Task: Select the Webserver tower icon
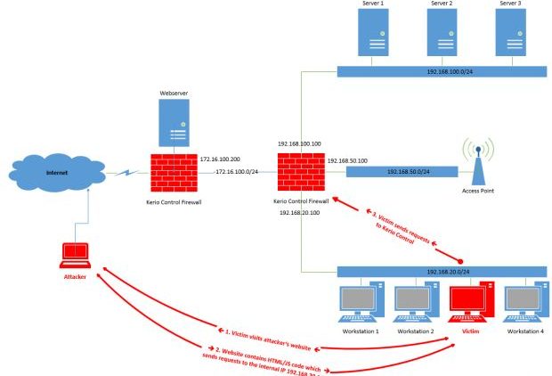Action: coord(174,122)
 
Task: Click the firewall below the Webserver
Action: coord(175,175)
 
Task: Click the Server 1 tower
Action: coord(372,35)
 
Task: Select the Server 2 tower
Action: coord(442,35)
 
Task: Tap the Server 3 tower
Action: coord(510,35)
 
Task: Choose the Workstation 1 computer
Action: coord(360,304)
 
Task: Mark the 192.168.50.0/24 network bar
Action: coord(402,170)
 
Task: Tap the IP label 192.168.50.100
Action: coord(348,160)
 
